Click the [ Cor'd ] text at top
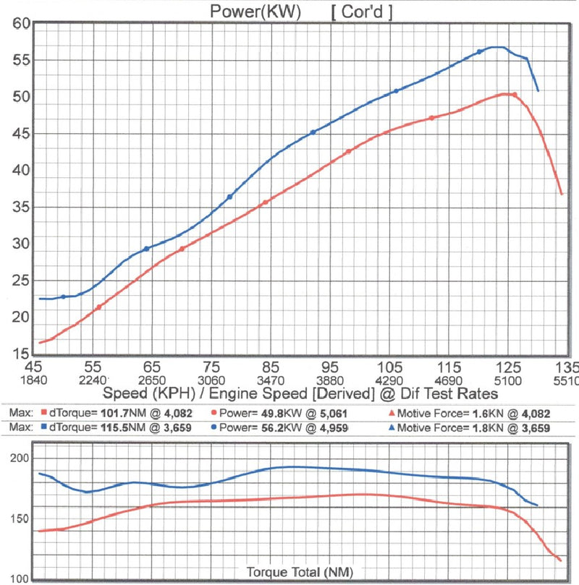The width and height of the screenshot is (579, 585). click(362, 12)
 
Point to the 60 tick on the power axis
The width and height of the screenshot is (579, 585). click(20, 24)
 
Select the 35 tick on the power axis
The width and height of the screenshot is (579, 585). click(20, 208)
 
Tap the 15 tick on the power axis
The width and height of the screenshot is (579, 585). click(20, 354)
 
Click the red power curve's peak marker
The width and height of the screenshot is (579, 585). click(514, 95)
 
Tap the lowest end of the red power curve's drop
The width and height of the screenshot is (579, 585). click(562, 194)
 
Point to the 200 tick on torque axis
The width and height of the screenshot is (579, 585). click(20, 458)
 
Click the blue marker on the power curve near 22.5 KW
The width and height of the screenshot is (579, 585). click(64, 296)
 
